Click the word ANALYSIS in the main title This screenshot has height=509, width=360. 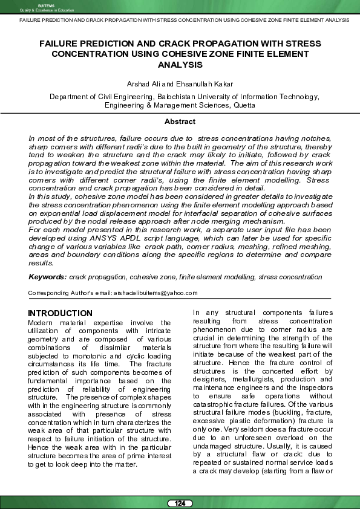point(180,64)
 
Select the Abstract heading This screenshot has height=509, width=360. point(180,122)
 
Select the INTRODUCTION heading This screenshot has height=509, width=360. point(61,313)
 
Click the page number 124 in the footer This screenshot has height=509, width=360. point(180,504)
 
